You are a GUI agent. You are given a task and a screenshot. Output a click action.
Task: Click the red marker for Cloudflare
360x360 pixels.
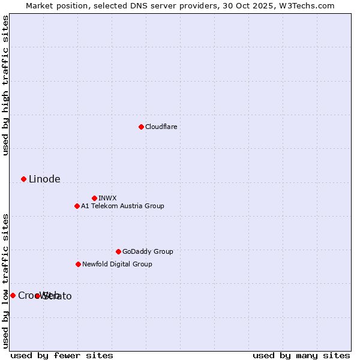141,127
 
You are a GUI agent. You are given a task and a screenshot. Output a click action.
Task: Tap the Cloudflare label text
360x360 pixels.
161,127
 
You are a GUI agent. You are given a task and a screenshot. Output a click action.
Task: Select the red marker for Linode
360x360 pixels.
23,179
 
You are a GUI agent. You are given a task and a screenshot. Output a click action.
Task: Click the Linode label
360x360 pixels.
44,179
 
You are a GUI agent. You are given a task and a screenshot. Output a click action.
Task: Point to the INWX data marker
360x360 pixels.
94,198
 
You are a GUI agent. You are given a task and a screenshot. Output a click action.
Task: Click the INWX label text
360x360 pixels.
108,199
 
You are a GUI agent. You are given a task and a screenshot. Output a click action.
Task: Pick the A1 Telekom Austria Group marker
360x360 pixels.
77,206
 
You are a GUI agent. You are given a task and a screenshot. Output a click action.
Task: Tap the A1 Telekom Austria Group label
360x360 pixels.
122,206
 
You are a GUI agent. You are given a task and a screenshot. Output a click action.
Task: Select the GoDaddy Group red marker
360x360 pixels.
118,251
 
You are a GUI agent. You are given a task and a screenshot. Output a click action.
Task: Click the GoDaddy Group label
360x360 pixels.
148,252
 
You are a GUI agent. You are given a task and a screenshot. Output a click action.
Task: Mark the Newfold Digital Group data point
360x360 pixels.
78,264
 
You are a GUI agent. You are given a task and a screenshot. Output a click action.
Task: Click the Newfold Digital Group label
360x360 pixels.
117,265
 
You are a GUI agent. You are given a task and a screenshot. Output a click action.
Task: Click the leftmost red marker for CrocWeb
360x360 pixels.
13,295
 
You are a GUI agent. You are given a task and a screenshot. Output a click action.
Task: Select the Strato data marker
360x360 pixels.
37,296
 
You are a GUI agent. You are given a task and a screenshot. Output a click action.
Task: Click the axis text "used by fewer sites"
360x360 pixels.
62,356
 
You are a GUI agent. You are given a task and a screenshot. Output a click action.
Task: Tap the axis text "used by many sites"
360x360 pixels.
301,356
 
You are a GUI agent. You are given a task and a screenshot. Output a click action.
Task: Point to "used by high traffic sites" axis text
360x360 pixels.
6,85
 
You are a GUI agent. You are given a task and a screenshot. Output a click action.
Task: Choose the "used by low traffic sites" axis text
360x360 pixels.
6,281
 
